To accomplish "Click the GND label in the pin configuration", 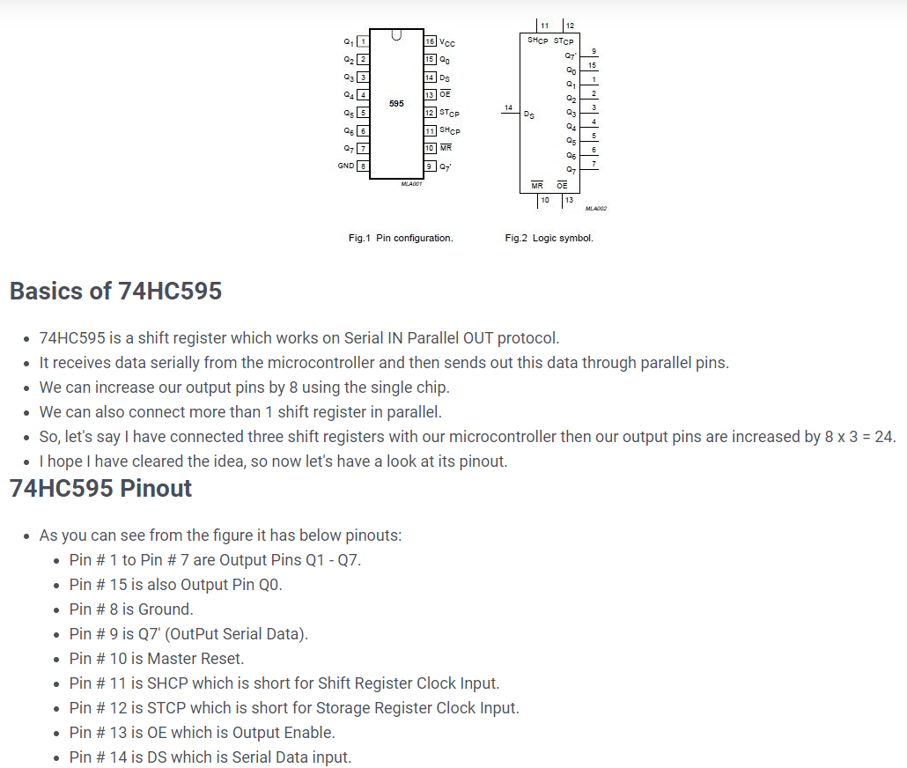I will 345,166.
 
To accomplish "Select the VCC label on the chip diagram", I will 446,43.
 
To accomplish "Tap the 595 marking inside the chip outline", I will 396,104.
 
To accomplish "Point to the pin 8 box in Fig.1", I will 362,166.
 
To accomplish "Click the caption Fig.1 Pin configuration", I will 401,238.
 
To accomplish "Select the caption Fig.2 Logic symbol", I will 549,238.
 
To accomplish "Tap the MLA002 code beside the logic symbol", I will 595,209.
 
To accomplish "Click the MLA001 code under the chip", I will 411,183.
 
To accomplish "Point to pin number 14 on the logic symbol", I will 508,107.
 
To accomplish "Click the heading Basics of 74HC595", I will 115,291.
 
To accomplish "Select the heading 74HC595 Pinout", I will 100,488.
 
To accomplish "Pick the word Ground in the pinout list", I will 165,609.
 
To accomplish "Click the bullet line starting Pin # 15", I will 176,584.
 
